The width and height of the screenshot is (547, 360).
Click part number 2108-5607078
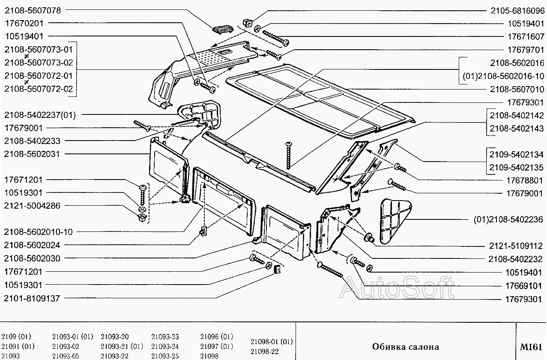coord(33,9)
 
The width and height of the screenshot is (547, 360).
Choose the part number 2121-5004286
coord(32,206)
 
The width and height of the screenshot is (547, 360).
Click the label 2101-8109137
coord(32,298)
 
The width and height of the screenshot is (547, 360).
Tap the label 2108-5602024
coord(32,245)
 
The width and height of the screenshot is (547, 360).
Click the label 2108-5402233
coord(32,141)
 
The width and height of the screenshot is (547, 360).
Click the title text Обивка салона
coord(405,347)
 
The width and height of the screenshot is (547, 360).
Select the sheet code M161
coord(531,347)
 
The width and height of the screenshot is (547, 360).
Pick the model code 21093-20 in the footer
coord(115,336)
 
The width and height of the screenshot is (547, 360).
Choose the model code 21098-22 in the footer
coord(264,351)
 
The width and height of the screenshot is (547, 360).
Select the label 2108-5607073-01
coord(39,50)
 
